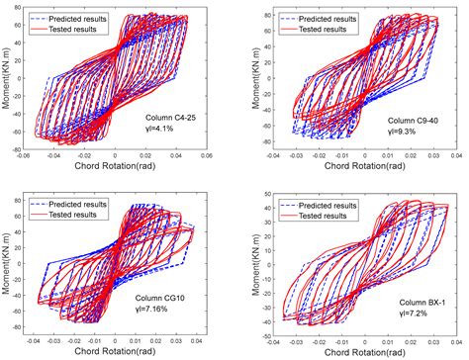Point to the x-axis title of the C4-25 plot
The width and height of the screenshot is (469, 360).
tap(117, 166)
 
